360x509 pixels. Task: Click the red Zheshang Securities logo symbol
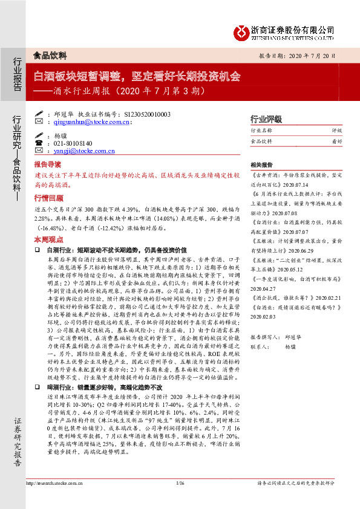click(243, 30)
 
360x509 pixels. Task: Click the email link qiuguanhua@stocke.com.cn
click(88, 122)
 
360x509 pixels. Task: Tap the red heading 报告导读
click(47, 164)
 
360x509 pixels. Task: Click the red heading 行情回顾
click(47, 198)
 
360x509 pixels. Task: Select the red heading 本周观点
click(47, 239)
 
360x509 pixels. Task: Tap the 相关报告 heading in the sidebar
click(261, 164)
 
